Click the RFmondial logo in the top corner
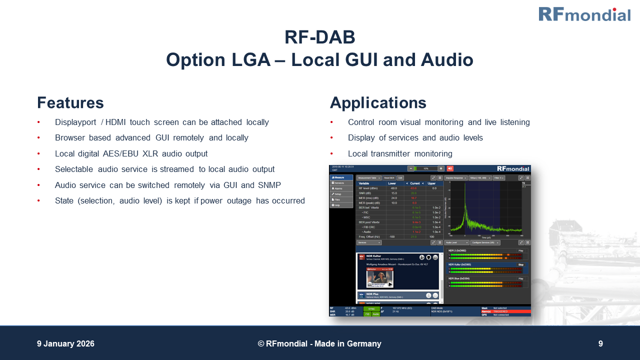coord(584,14)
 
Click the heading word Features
coord(70,103)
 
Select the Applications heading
coord(378,103)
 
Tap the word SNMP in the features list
coord(269,185)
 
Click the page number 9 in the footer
coord(600,344)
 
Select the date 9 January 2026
coord(65,344)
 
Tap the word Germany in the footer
coord(364,344)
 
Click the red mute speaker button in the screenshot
coord(449,168)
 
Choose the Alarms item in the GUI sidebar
coord(338,188)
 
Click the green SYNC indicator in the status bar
coord(371,309)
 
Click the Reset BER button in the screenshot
coord(389,178)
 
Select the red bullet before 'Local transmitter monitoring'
coord(331,154)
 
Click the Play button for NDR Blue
coord(520,278)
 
